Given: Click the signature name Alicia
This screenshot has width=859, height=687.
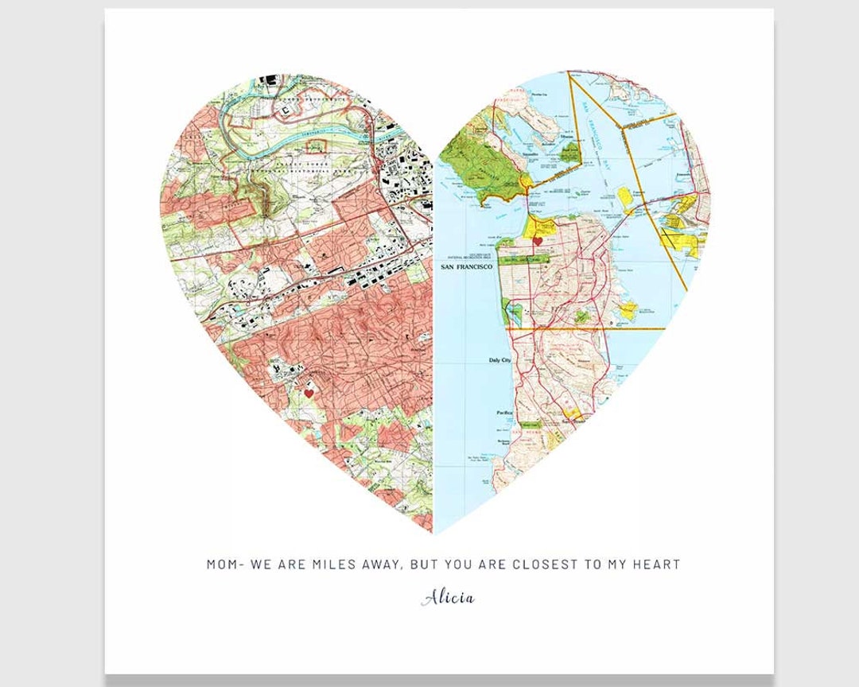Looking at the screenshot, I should [x=448, y=598].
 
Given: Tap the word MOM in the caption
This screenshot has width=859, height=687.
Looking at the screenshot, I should [x=223, y=565].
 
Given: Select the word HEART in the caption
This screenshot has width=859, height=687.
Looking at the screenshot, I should [x=656, y=565].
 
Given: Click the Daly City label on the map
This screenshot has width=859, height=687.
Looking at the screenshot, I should [x=499, y=360].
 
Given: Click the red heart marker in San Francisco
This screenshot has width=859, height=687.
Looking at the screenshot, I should [x=537, y=240].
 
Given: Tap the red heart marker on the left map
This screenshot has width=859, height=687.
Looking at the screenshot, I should [x=309, y=393].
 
